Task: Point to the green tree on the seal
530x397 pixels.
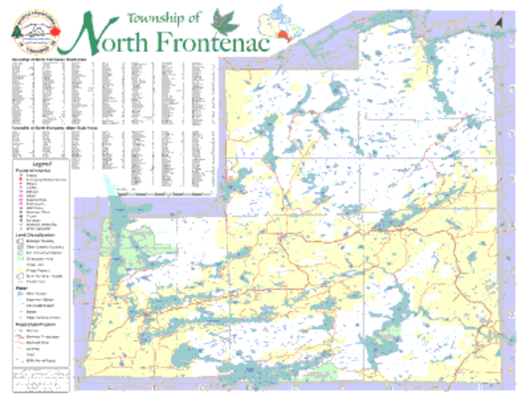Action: [17, 30]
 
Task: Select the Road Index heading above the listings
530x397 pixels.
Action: [50, 61]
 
